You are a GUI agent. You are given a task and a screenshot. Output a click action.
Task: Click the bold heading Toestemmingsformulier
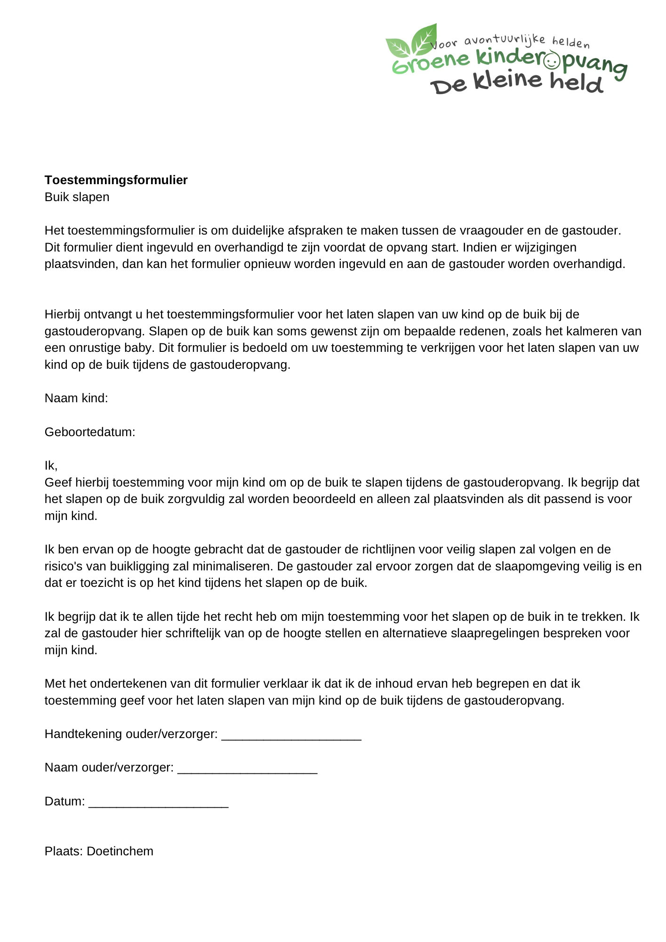click(116, 180)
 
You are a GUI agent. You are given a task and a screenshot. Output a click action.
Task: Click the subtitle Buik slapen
click(77, 197)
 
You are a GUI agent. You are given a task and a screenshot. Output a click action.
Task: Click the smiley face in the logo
click(552, 61)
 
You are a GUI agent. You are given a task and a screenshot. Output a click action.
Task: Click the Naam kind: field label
click(76, 398)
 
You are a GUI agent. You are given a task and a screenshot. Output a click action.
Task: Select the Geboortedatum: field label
click(90, 432)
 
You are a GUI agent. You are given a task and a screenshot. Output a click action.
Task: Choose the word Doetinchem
click(120, 851)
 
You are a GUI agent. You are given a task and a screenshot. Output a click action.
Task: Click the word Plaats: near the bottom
click(64, 851)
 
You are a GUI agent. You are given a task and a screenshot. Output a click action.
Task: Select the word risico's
click(64, 566)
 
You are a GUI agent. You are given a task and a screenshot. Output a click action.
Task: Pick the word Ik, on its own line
click(51, 465)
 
